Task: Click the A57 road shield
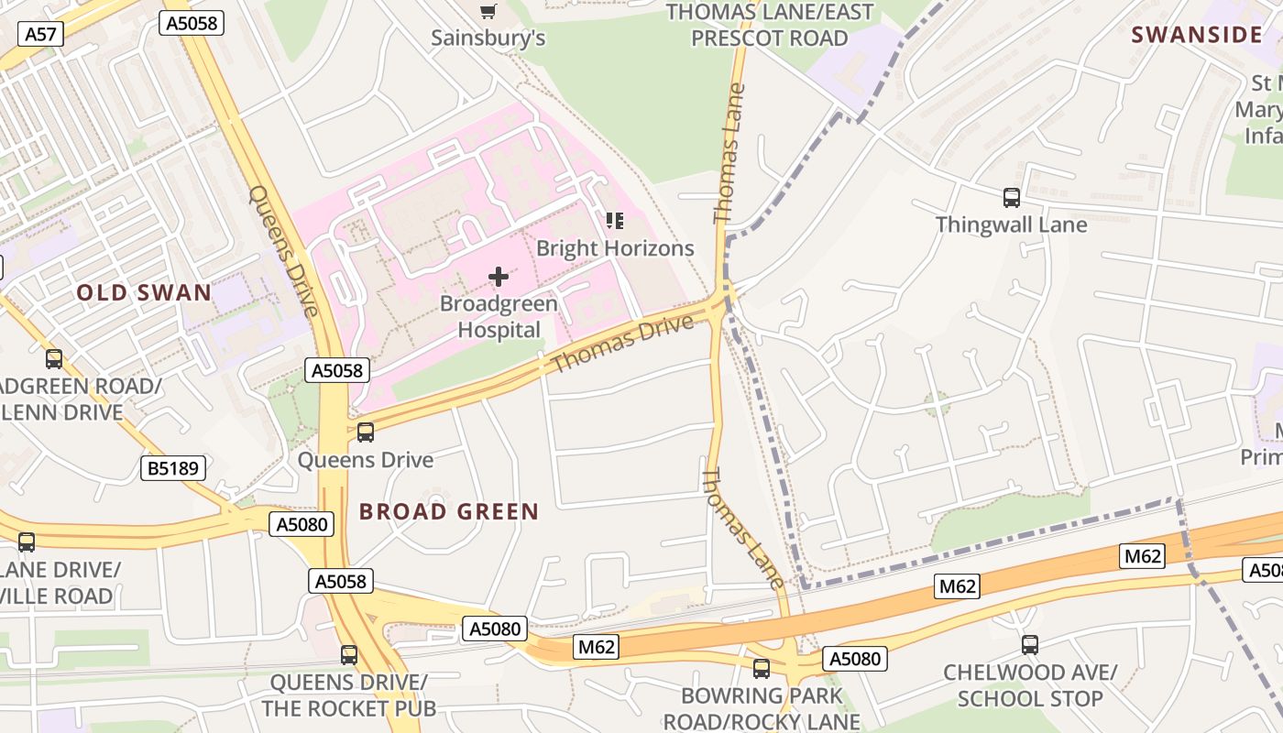[40, 35]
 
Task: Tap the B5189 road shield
[173, 468]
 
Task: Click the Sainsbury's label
[488, 38]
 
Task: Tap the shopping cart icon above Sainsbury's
[488, 11]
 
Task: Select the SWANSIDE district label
[1197, 35]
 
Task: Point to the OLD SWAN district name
[144, 293]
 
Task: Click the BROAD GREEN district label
[449, 511]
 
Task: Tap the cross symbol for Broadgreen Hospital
[499, 276]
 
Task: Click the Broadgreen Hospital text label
[499, 316]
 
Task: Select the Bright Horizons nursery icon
[615, 220]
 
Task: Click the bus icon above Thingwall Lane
[1012, 197]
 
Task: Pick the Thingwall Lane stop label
[1012, 224]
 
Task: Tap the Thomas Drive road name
[622, 345]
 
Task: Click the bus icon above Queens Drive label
[366, 432]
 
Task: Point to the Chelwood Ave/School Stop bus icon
[1030, 645]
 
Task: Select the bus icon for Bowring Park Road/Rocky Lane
[761, 668]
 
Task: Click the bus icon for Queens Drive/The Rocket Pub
[349, 654]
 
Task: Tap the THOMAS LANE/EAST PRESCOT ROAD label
[770, 25]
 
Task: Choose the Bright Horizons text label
[615, 248]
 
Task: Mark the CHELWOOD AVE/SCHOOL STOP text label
[1030, 685]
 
